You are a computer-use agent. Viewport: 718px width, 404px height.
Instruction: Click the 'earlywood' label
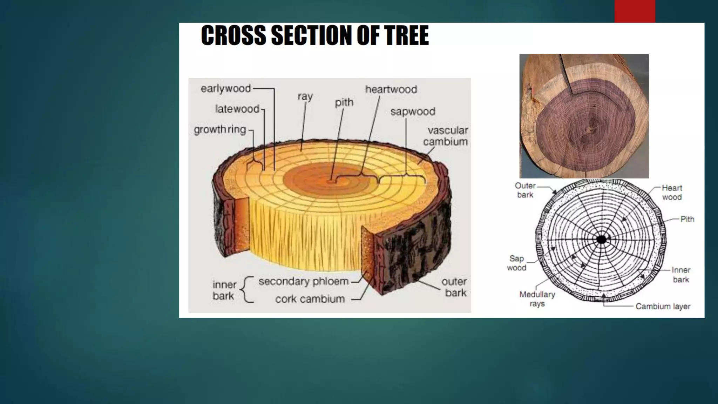[225, 89]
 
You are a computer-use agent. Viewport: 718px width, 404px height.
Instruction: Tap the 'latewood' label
[237, 109]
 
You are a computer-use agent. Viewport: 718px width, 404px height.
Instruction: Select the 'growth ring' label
[220, 130]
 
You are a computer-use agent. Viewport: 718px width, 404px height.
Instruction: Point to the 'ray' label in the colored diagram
[305, 96]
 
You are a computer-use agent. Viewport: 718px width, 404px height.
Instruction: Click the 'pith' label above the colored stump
[344, 102]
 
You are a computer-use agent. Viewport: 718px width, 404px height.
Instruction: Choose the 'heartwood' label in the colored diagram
[391, 89]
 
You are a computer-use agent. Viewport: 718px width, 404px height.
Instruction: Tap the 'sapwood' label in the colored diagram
[413, 112]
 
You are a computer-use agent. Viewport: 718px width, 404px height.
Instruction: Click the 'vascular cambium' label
[446, 136]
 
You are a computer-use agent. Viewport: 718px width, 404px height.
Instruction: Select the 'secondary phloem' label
[304, 281]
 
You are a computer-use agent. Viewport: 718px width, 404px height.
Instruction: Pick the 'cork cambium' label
[310, 299]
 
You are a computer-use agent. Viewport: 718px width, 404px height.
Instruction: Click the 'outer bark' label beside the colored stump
[455, 287]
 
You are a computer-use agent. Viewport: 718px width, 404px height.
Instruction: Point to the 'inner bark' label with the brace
[224, 290]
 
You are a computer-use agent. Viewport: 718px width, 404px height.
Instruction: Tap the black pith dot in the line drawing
[602, 240]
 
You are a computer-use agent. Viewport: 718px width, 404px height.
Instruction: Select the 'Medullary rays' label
[537, 299]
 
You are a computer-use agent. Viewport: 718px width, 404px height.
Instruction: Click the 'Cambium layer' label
[663, 307]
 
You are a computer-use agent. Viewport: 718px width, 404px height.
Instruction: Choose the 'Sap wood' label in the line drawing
[516, 263]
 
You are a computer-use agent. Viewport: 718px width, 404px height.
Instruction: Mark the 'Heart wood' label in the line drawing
[672, 193]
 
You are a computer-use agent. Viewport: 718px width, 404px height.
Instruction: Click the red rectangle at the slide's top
[635, 11]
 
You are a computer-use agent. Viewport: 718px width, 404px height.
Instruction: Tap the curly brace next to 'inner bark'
[248, 290]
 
